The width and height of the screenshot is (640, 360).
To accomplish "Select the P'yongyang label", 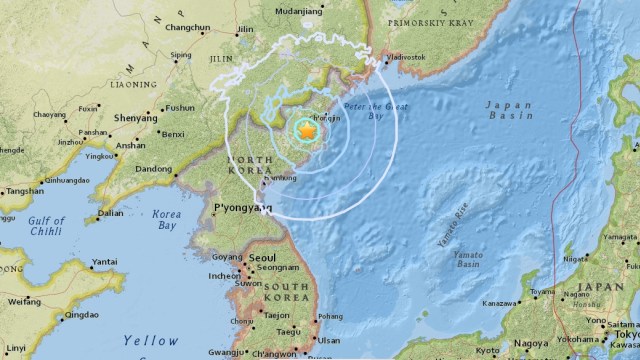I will [243, 209].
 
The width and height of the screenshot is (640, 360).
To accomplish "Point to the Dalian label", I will [111, 213].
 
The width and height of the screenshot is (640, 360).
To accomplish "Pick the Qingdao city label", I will [80, 315].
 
